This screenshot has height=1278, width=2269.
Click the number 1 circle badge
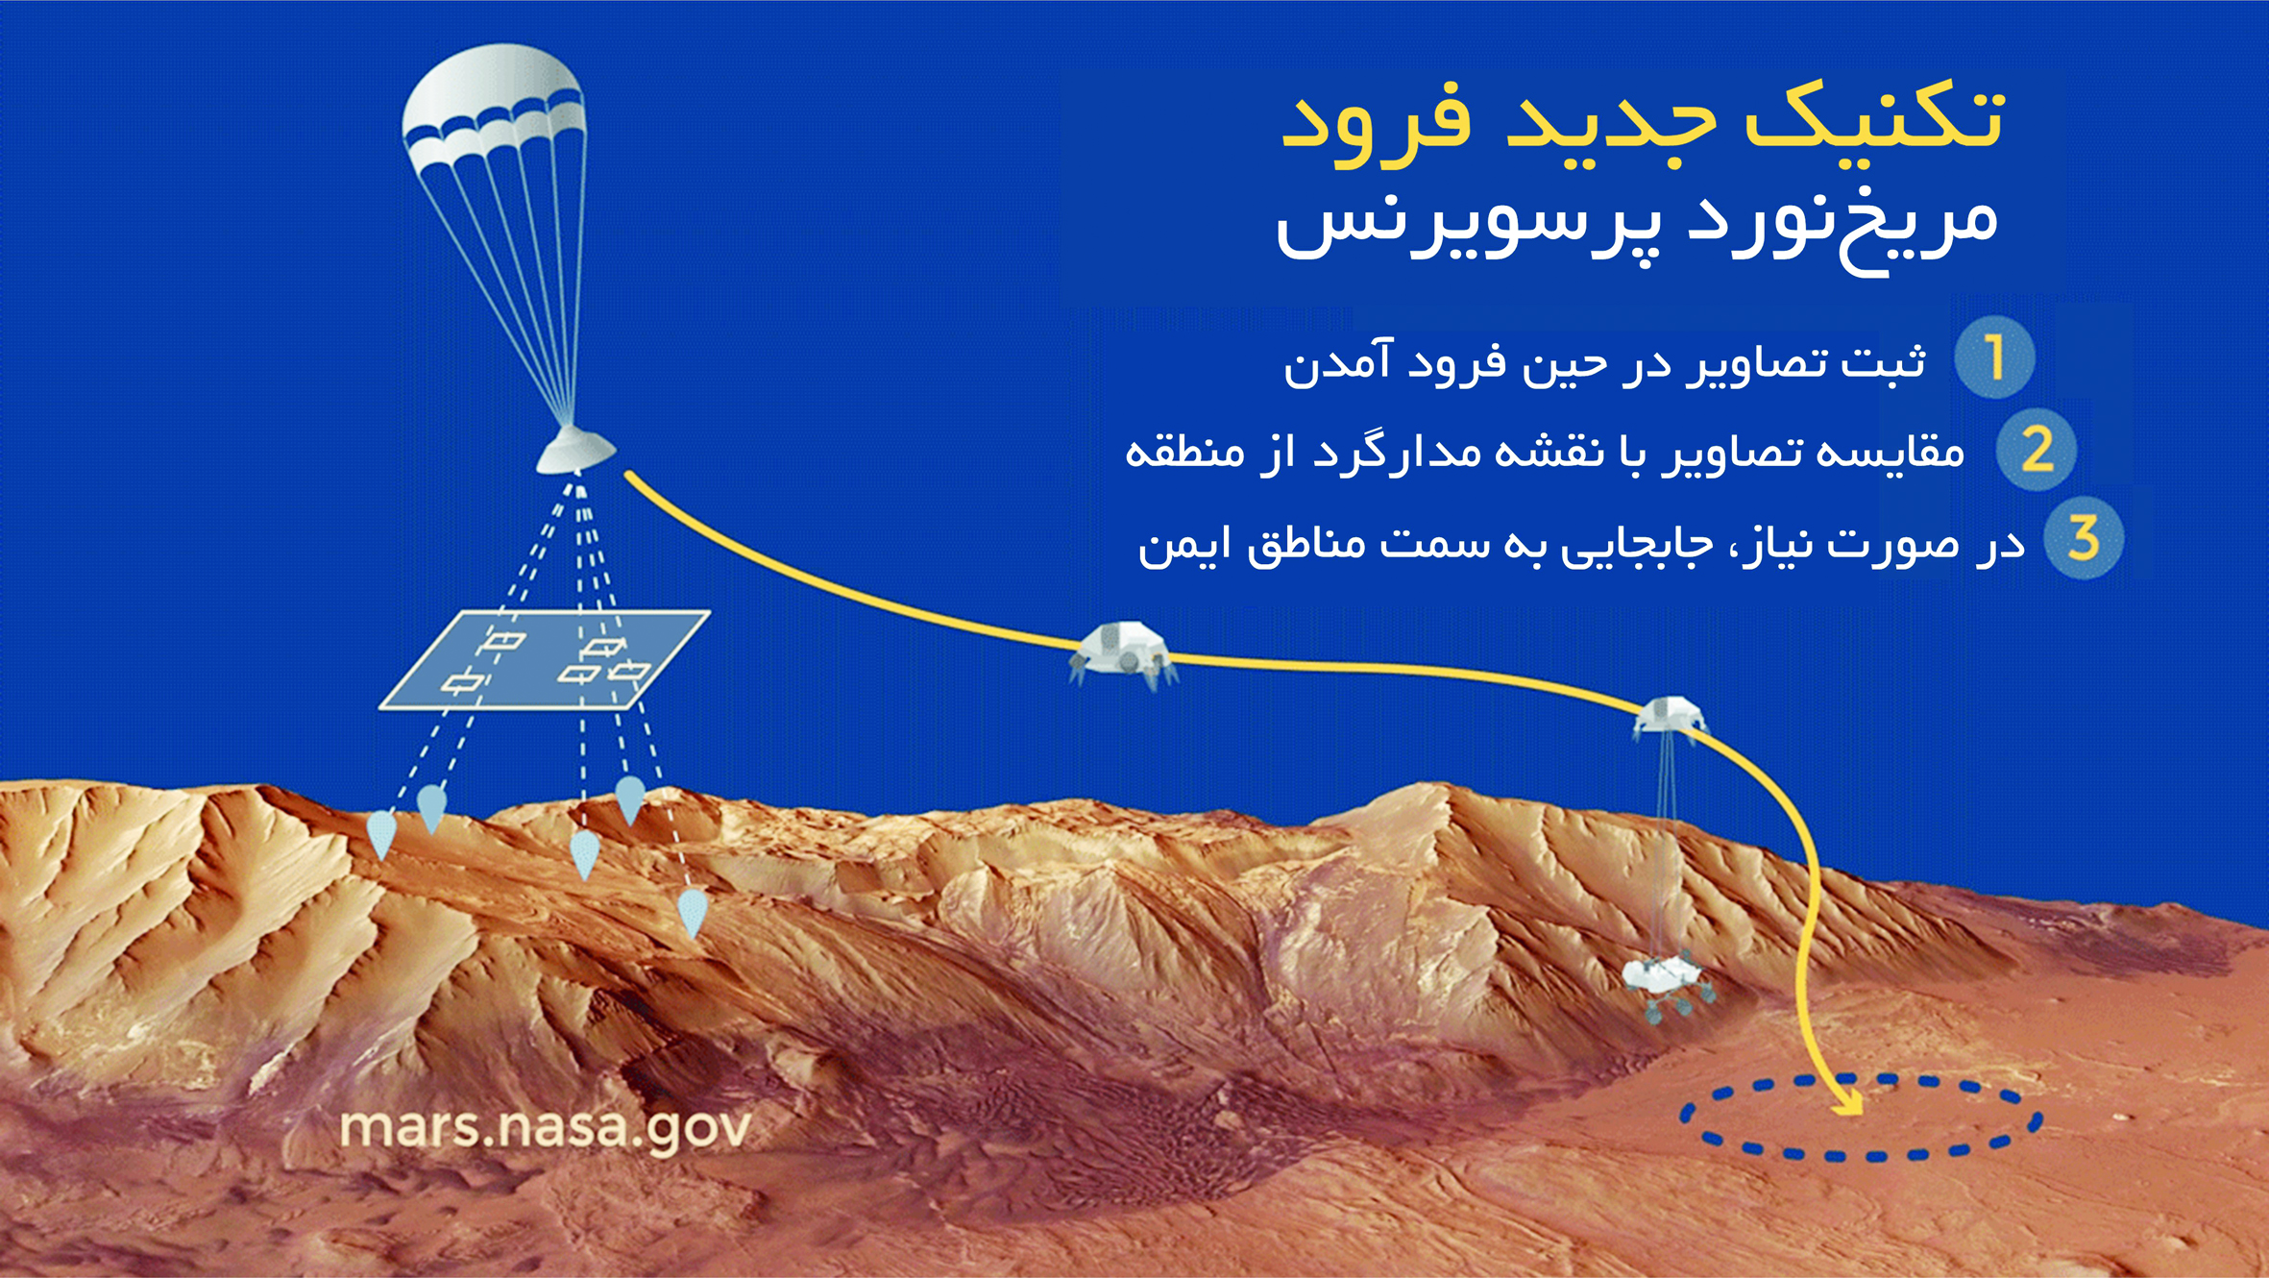point(1994,357)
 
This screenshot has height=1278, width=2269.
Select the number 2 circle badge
point(2036,449)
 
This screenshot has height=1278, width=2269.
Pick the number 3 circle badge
point(2083,538)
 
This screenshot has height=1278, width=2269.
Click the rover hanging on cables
point(1667,984)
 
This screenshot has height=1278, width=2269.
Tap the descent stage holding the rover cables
point(1670,717)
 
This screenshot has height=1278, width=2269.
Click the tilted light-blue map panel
point(545,660)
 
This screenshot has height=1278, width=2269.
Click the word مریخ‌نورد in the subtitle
point(1844,226)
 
